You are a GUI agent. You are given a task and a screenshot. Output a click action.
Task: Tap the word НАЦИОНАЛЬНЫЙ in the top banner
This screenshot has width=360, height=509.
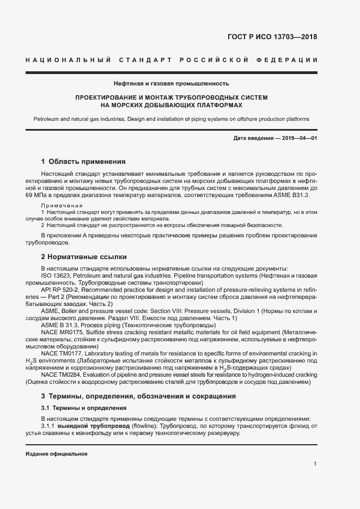68,59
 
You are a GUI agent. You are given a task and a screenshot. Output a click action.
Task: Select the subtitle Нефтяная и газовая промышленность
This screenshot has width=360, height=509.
171,84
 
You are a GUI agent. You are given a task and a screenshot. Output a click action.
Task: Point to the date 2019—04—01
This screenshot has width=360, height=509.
299,138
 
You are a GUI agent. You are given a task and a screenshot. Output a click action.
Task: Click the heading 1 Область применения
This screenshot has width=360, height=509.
83,162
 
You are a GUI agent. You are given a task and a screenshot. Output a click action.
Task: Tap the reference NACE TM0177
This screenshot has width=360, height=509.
63,353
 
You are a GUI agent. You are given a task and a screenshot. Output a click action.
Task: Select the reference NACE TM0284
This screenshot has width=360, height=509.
63,375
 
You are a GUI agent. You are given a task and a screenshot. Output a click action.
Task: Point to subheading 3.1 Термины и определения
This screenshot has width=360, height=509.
84,408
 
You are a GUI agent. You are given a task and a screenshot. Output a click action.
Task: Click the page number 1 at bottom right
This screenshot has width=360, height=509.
315,464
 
